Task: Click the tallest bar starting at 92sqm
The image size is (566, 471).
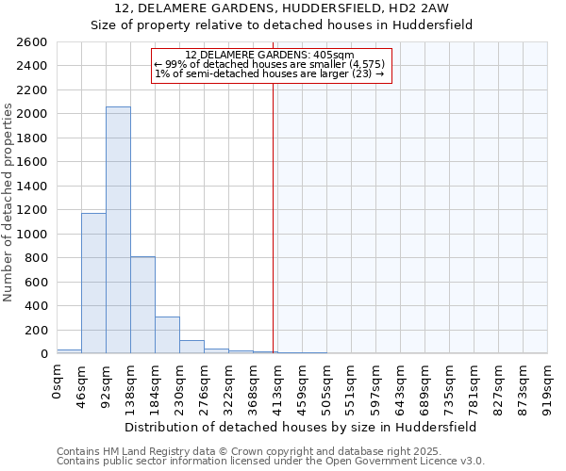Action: tap(118, 231)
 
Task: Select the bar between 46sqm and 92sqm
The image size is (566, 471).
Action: tap(93, 284)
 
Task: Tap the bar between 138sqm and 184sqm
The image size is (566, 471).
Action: tap(142, 305)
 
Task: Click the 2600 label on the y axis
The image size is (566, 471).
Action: tap(32, 42)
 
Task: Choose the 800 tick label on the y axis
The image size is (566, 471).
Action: tap(36, 258)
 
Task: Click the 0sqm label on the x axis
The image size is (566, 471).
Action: tap(59, 382)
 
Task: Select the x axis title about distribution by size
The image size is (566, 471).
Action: tap(302, 427)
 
